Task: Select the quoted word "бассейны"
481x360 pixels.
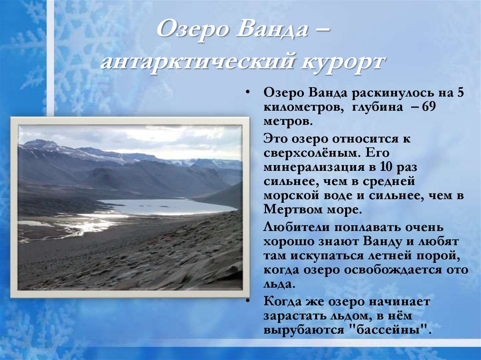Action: (391, 330)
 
